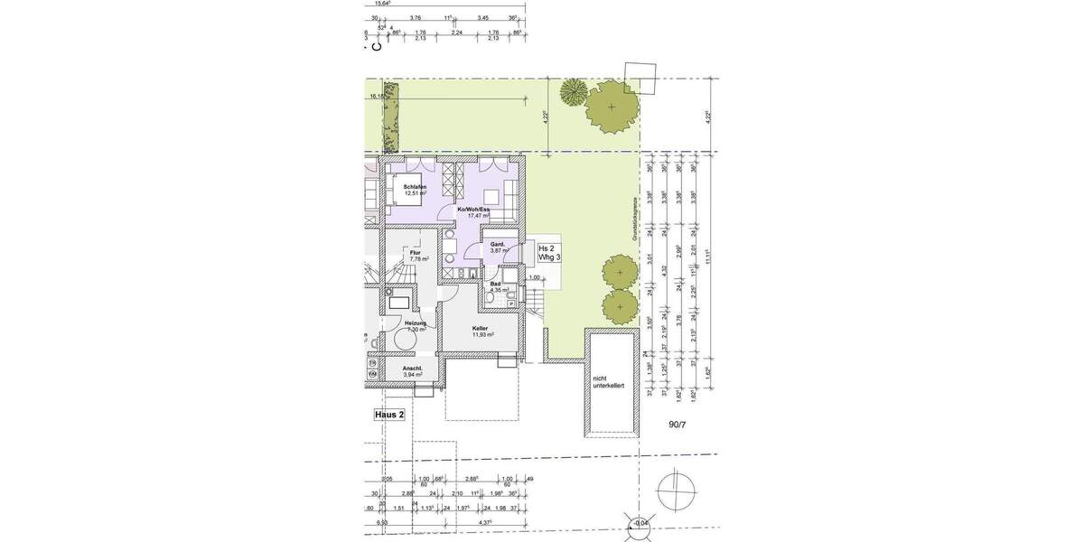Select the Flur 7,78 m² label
(416, 256)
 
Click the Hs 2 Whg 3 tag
(549, 253)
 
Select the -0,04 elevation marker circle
(640, 523)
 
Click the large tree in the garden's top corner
(612, 107)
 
